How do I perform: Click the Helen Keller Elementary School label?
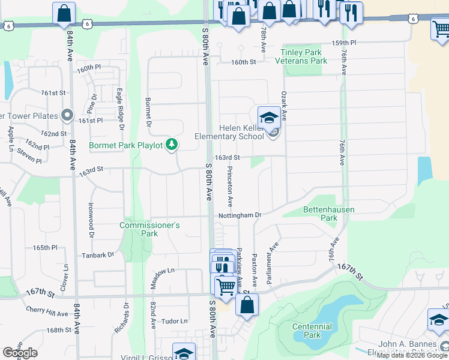[229, 132]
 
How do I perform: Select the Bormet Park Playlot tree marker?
[172, 144]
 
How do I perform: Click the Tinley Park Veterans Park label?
[301, 56]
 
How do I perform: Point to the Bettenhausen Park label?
[328, 214]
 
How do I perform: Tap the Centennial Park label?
[312, 331]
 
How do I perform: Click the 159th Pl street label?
[345, 43]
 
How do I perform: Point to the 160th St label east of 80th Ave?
[244, 62]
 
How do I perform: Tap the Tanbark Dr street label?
[98, 255]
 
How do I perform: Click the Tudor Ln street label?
[175, 321]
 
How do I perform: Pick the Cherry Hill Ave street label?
[47, 312]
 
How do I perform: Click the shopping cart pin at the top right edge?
[440, 28]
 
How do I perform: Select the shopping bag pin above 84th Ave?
[63, 13]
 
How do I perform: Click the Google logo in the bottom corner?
[19, 353]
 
